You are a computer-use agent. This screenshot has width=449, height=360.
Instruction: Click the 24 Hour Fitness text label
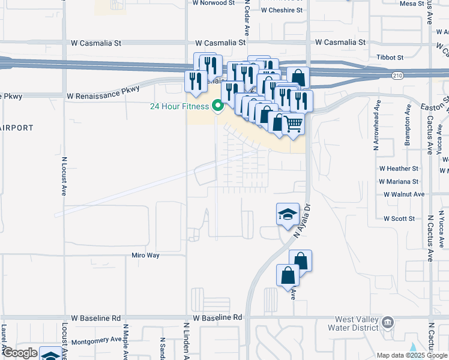click(179, 107)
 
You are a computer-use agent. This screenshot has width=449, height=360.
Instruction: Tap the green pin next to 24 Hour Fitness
click(218, 106)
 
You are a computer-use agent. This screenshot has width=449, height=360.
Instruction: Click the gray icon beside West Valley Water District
click(388, 323)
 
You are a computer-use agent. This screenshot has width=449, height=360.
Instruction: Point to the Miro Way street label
click(145, 255)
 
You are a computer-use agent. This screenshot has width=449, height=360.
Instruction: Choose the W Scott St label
click(399, 219)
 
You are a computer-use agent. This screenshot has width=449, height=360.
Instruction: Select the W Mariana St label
click(398, 181)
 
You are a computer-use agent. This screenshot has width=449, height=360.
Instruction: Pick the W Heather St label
click(398, 169)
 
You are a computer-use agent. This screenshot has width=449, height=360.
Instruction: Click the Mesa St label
click(412, 4)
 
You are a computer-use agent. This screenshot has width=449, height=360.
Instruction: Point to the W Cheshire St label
click(282, 10)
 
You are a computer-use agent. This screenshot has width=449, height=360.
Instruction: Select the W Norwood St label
click(213, 3)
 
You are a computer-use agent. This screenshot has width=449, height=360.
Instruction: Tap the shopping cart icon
click(293, 124)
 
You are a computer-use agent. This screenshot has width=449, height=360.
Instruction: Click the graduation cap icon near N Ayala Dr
click(288, 214)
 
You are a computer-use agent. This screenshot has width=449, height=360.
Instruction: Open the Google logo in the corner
click(20, 353)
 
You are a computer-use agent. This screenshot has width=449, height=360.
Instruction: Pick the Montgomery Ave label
click(97, 341)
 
